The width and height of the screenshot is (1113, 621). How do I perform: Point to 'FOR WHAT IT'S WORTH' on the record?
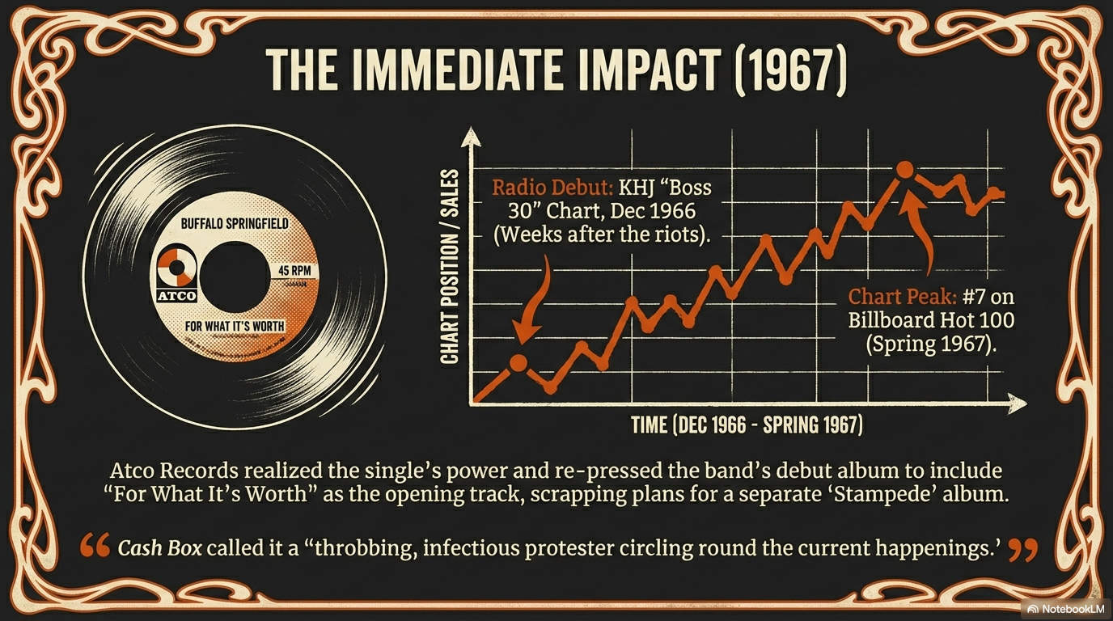click(235, 326)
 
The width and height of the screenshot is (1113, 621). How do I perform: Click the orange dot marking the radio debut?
click(518, 363)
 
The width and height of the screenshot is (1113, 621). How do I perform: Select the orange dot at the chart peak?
click(905, 170)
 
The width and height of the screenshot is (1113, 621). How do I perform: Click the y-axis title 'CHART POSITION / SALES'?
click(450, 267)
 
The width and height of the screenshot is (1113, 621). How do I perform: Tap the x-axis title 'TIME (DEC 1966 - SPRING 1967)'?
click(746, 425)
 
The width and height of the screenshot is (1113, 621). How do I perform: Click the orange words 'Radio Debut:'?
click(552, 188)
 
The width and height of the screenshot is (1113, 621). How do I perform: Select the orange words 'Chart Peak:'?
click(894, 297)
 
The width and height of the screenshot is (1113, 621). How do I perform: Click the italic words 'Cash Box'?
click(159, 548)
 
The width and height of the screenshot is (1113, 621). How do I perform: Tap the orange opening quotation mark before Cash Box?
click(95, 547)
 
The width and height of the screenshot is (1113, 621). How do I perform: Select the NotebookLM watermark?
click(1064, 608)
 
